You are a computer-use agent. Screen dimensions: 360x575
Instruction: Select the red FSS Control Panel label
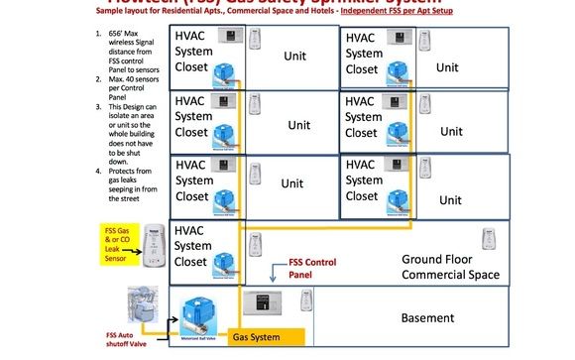tap(314, 269)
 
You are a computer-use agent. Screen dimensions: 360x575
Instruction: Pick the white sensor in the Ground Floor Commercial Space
tap(488, 240)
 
